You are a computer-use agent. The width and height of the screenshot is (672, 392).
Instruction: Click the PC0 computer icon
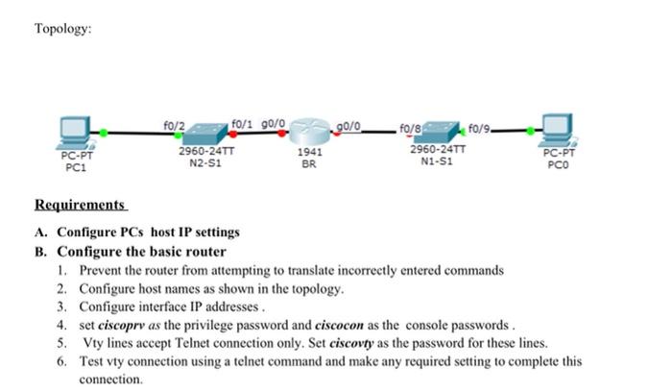(557, 128)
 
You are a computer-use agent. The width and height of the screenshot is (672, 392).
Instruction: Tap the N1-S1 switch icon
(437, 131)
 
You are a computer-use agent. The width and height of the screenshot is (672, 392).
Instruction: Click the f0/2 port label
(174, 124)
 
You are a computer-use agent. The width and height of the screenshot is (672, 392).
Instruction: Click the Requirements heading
(81, 205)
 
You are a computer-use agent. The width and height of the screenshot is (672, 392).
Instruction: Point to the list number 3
(60, 306)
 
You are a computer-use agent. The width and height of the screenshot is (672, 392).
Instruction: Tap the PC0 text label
(557, 164)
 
